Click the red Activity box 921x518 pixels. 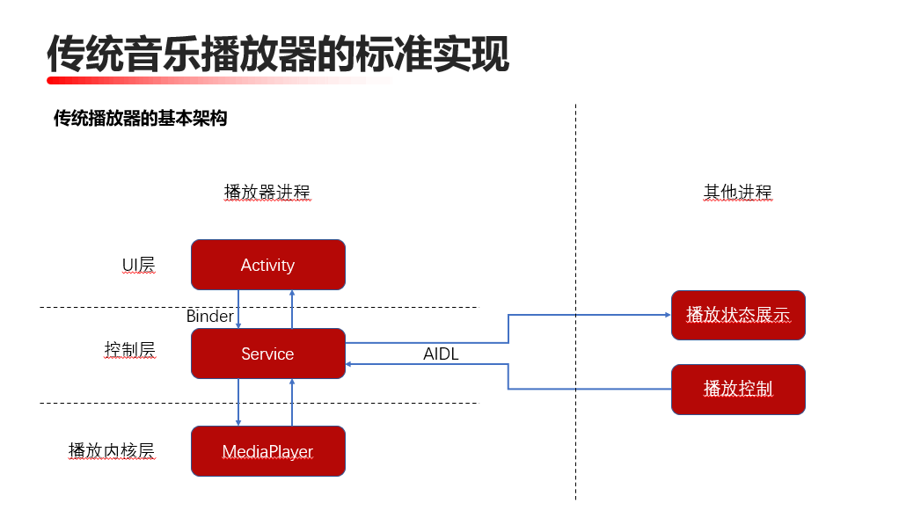tap(267, 265)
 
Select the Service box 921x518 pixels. tap(267, 354)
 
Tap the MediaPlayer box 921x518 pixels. tap(267, 451)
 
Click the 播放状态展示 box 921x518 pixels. tap(738, 315)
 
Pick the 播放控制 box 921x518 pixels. tap(738, 389)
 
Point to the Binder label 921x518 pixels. tap(210, 317)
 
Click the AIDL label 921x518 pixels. tap(441, 354)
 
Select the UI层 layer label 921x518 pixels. tap(138, 265)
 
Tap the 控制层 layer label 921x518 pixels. tap(129, 350)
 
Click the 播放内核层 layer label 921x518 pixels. tap(112, 450)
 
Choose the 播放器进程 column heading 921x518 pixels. tap(267, 192)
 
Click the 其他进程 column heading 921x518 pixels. tap(737, 192)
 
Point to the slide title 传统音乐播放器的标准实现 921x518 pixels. tap(277, 55)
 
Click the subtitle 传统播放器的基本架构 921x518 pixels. tap(141, 118)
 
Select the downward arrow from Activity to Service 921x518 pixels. tap(238, 309)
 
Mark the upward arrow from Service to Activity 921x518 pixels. tap(291, 309)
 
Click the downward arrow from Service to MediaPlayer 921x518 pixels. tap(238, 403)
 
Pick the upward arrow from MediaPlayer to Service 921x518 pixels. tap(291, 403)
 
